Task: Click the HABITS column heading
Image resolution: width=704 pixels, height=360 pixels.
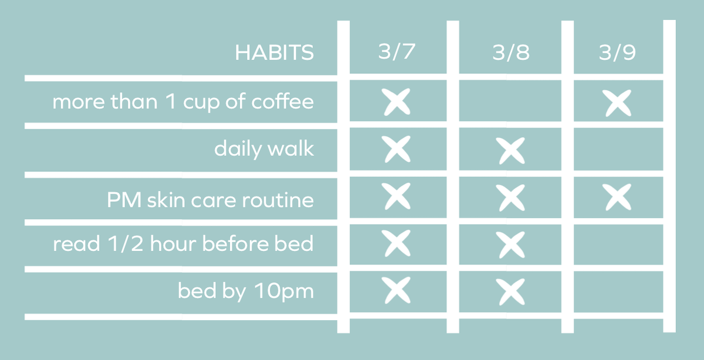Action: pos(274,53)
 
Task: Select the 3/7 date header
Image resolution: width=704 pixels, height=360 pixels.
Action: pos(397,52)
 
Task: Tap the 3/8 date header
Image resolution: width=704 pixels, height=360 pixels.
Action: pos(510,53)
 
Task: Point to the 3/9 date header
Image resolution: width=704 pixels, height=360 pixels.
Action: pos(618,53)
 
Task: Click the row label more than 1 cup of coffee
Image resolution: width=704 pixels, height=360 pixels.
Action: pos(183,102)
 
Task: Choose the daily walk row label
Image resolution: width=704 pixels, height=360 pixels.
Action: pos(264,149)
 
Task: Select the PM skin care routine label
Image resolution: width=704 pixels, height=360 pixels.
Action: pos(210,199)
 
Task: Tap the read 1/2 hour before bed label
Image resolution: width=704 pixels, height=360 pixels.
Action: pos(183,243)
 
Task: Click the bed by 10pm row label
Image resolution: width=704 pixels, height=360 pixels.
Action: pos(246,291)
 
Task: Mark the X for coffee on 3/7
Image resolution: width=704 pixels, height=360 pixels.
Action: pos(397,102)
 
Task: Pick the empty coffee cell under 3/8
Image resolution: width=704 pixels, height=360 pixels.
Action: pos(510,102)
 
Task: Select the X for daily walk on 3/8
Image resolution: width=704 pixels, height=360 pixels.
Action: pos(510,151)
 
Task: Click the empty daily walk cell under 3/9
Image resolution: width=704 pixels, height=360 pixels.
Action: pos(618,150)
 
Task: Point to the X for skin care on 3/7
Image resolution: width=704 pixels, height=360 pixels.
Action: pos(397,196)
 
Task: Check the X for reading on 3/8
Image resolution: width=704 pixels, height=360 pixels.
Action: pos(510,244)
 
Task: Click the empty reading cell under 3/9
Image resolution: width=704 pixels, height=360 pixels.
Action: pos(618,244)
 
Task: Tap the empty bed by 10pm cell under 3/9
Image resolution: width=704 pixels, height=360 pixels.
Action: pos(618,291)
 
